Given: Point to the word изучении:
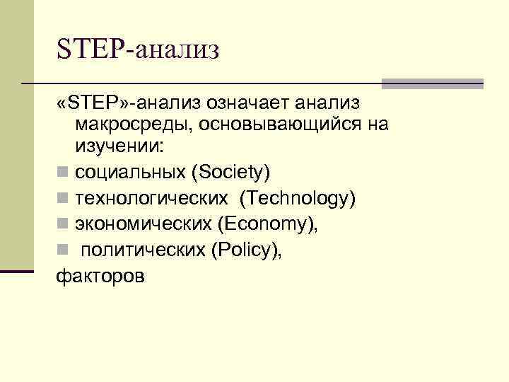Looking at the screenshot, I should tap(118, 149).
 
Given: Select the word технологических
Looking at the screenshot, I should tap(151, 199).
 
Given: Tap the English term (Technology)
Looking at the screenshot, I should tap(297, 199).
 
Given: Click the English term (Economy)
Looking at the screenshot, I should tap(269, 225).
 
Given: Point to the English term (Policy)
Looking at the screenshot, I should tap(246, 251).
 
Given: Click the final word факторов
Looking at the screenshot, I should tap(100, 276).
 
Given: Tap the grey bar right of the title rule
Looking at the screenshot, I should tap(432, 83).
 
